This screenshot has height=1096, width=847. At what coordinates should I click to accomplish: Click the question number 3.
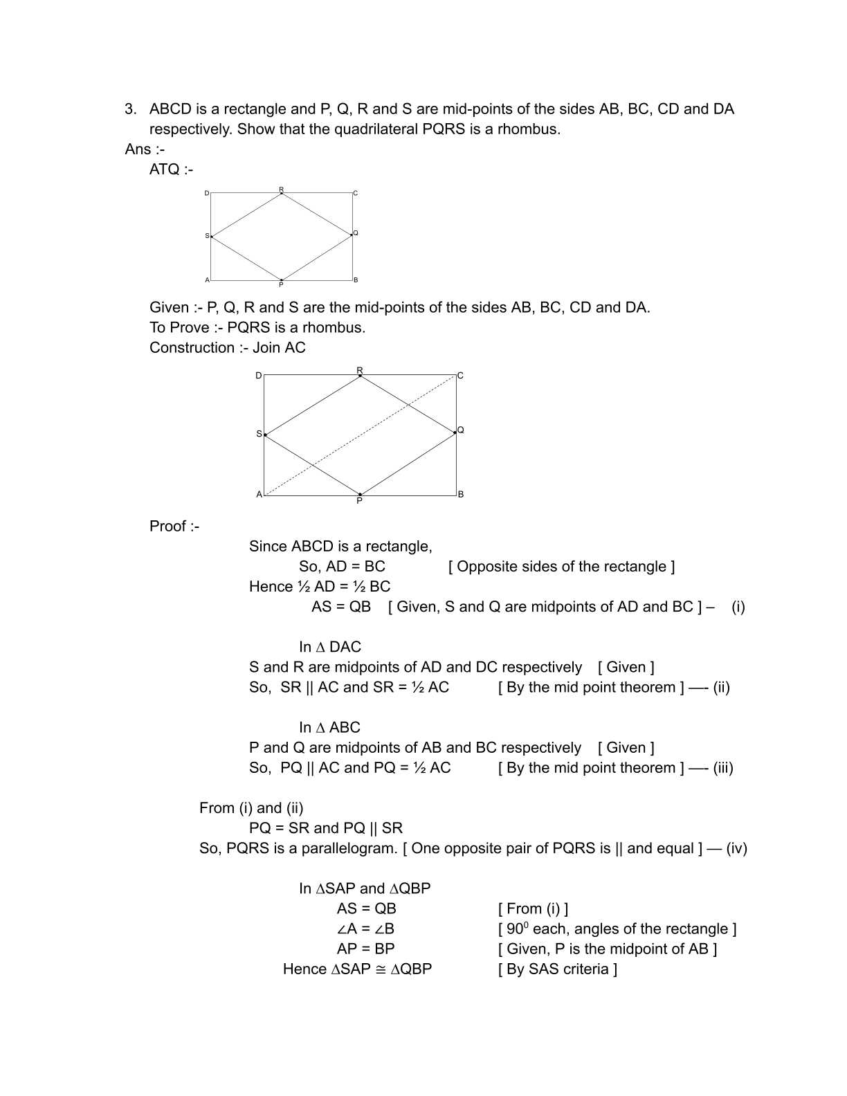click(x=130, y=109)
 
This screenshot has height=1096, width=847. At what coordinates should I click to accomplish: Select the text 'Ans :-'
click(x=145, y=149)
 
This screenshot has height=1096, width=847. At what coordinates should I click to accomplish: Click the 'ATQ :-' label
click(x=171, y=170)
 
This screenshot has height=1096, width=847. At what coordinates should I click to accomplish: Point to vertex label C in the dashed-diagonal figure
click(x=460, y=376)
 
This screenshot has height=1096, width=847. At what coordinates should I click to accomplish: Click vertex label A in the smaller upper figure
click(x=207, y=280)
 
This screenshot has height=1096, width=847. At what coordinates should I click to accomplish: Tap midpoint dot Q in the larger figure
click(x=455, y=432)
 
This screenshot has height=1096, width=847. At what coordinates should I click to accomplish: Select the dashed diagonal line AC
click(x=360, y=435)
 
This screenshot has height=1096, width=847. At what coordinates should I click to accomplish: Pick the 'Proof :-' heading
click(x=174, y=527)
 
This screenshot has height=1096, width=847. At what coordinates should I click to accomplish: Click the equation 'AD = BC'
click(x=355, y=567)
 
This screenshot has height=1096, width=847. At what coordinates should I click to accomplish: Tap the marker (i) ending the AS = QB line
click(x=738, y=607)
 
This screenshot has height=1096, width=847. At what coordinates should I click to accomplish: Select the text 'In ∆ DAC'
click(x=330, y=647)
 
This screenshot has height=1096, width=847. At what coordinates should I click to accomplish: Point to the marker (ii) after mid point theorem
click(x=721, y=688)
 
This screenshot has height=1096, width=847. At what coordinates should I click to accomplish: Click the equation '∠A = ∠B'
click(x=365, y=929)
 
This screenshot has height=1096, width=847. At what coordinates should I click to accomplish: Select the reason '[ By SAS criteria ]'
click(x=558, y=969)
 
